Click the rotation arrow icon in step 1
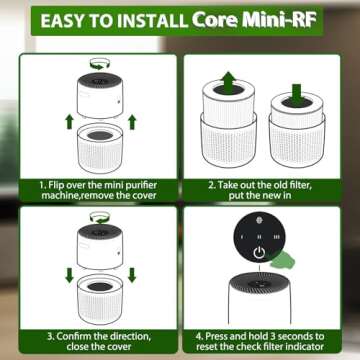[99, 64]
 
